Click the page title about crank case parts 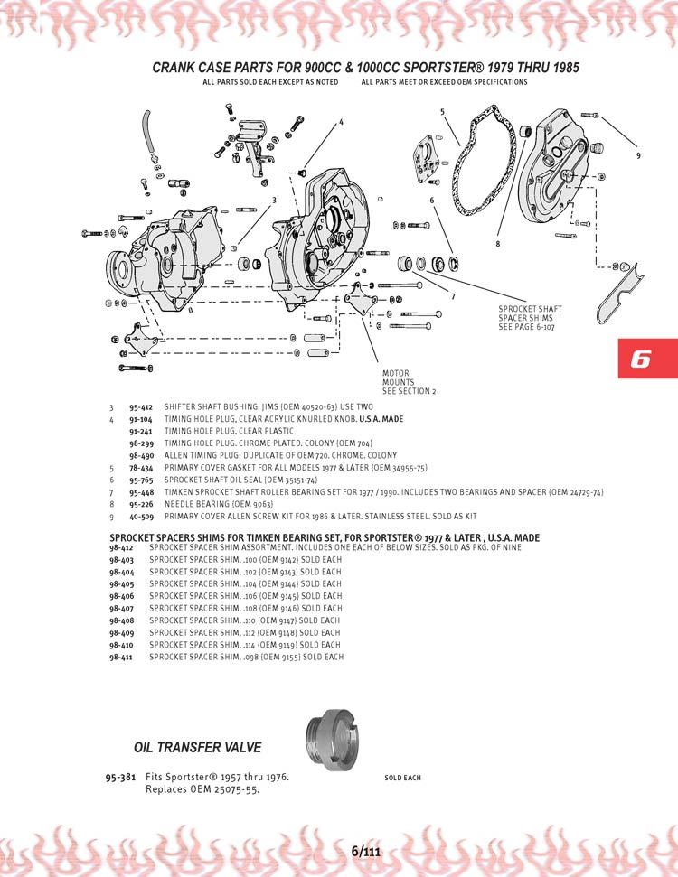(365, 68)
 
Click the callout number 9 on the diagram (637, 155)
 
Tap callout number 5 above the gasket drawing (442, 112)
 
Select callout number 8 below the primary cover (497, 243)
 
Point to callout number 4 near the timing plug (341, 122)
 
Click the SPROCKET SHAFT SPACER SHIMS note (530, 317)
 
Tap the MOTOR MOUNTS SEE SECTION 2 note (409, 382)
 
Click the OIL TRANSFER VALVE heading (197, 747)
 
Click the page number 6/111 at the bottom (365, 852)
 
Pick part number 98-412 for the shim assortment (121, 547)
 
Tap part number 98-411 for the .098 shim (121, 657)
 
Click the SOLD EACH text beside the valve (402, 778)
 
